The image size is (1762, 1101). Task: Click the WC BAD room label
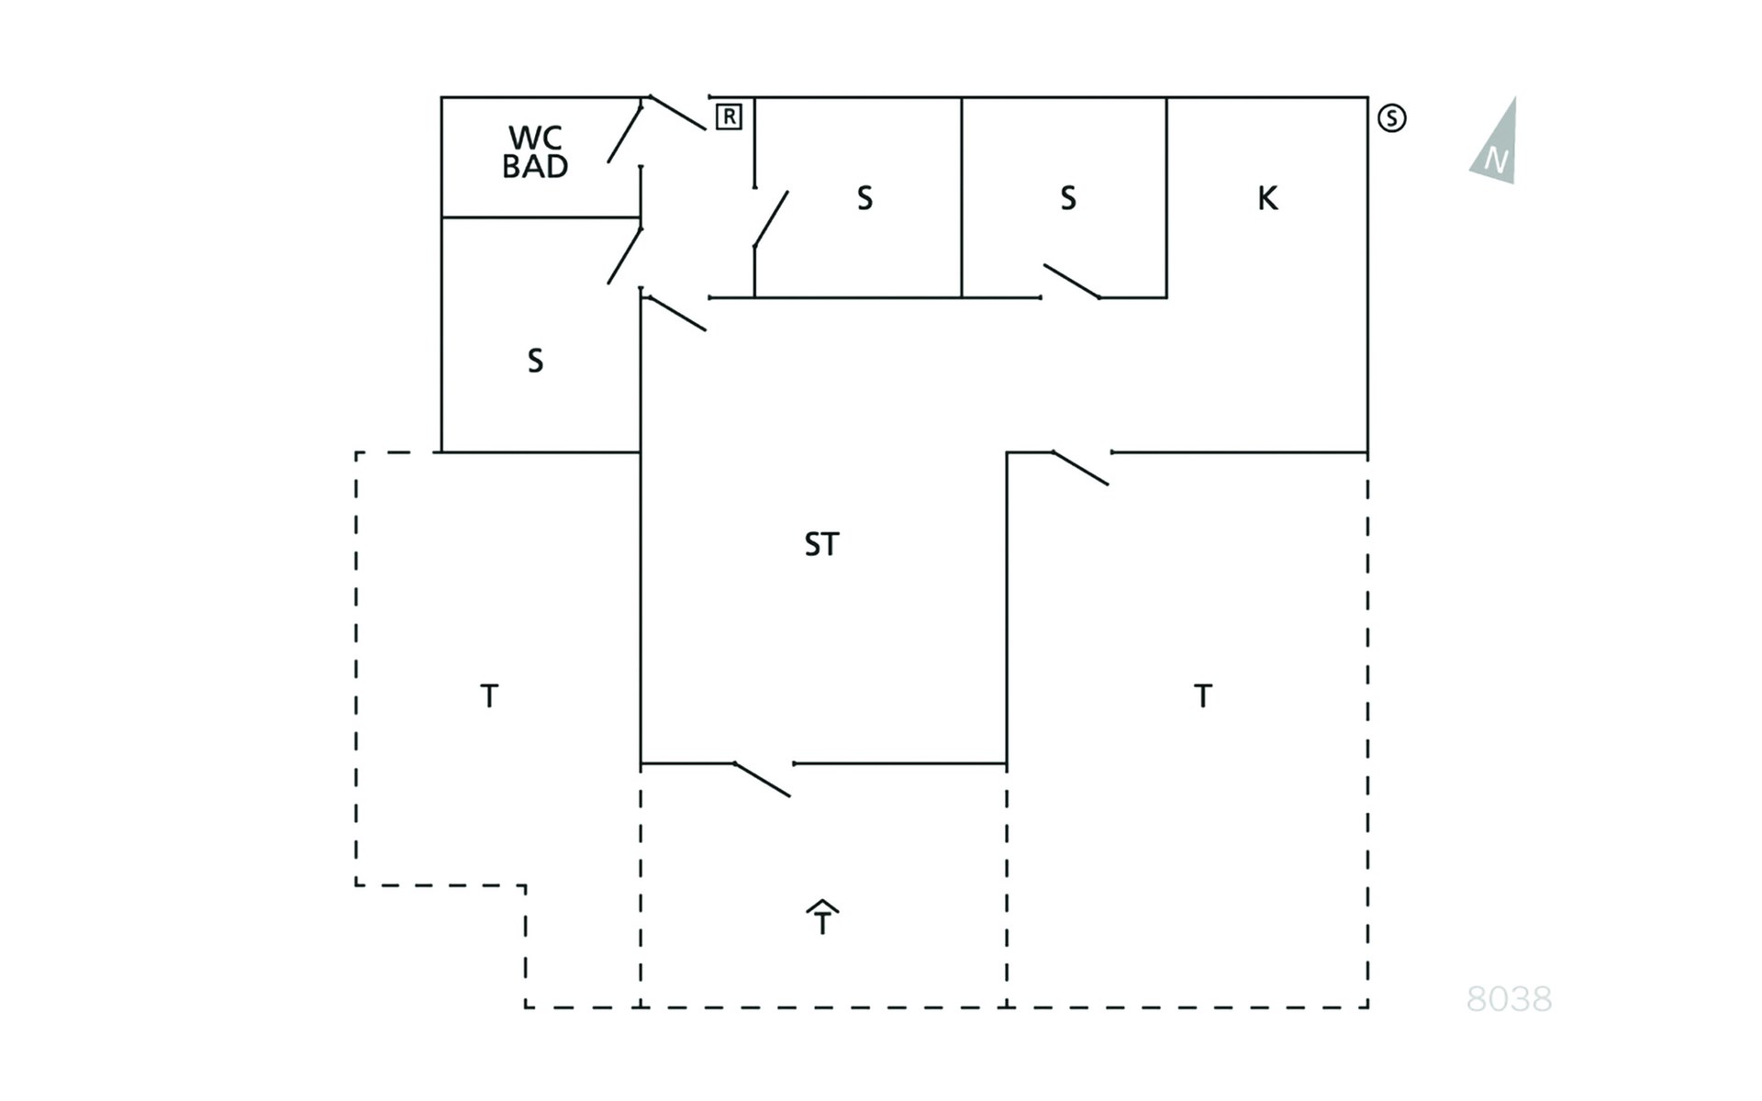tap(535, 152)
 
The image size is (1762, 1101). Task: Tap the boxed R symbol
tap(729, 117)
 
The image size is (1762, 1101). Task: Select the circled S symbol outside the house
tap(1391, 118)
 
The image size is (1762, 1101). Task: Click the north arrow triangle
tap(1495, 142)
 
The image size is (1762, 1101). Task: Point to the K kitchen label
tap(1267, 198)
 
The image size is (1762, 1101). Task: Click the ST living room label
tap(821, 545)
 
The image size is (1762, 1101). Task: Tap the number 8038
tap(1509, 999)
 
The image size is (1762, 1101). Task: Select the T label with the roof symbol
tap(822, 917)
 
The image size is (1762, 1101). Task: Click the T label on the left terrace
tap(489, 696)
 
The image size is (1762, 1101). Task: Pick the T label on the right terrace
tap(1203, 696)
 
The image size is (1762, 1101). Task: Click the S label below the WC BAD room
tap(535, 361)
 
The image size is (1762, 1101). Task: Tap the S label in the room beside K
tap(1067, 198)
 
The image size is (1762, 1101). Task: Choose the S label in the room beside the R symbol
tap(864, 198)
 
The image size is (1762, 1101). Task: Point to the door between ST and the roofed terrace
tap(762, 780)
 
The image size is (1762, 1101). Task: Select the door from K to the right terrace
tap(1080, 468)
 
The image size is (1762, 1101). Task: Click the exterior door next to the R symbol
tap(678, 113)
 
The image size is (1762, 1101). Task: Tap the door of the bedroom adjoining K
tap(1072, 282)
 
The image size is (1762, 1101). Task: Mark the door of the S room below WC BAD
tap(625, 255)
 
